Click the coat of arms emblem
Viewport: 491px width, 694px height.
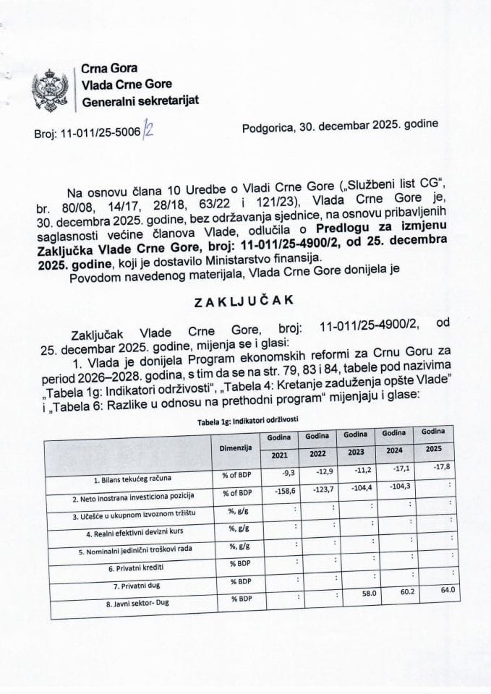[x=50, y=88]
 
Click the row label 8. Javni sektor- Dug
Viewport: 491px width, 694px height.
[x=134, y=601]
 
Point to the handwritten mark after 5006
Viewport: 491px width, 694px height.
[x=149, y=129]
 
